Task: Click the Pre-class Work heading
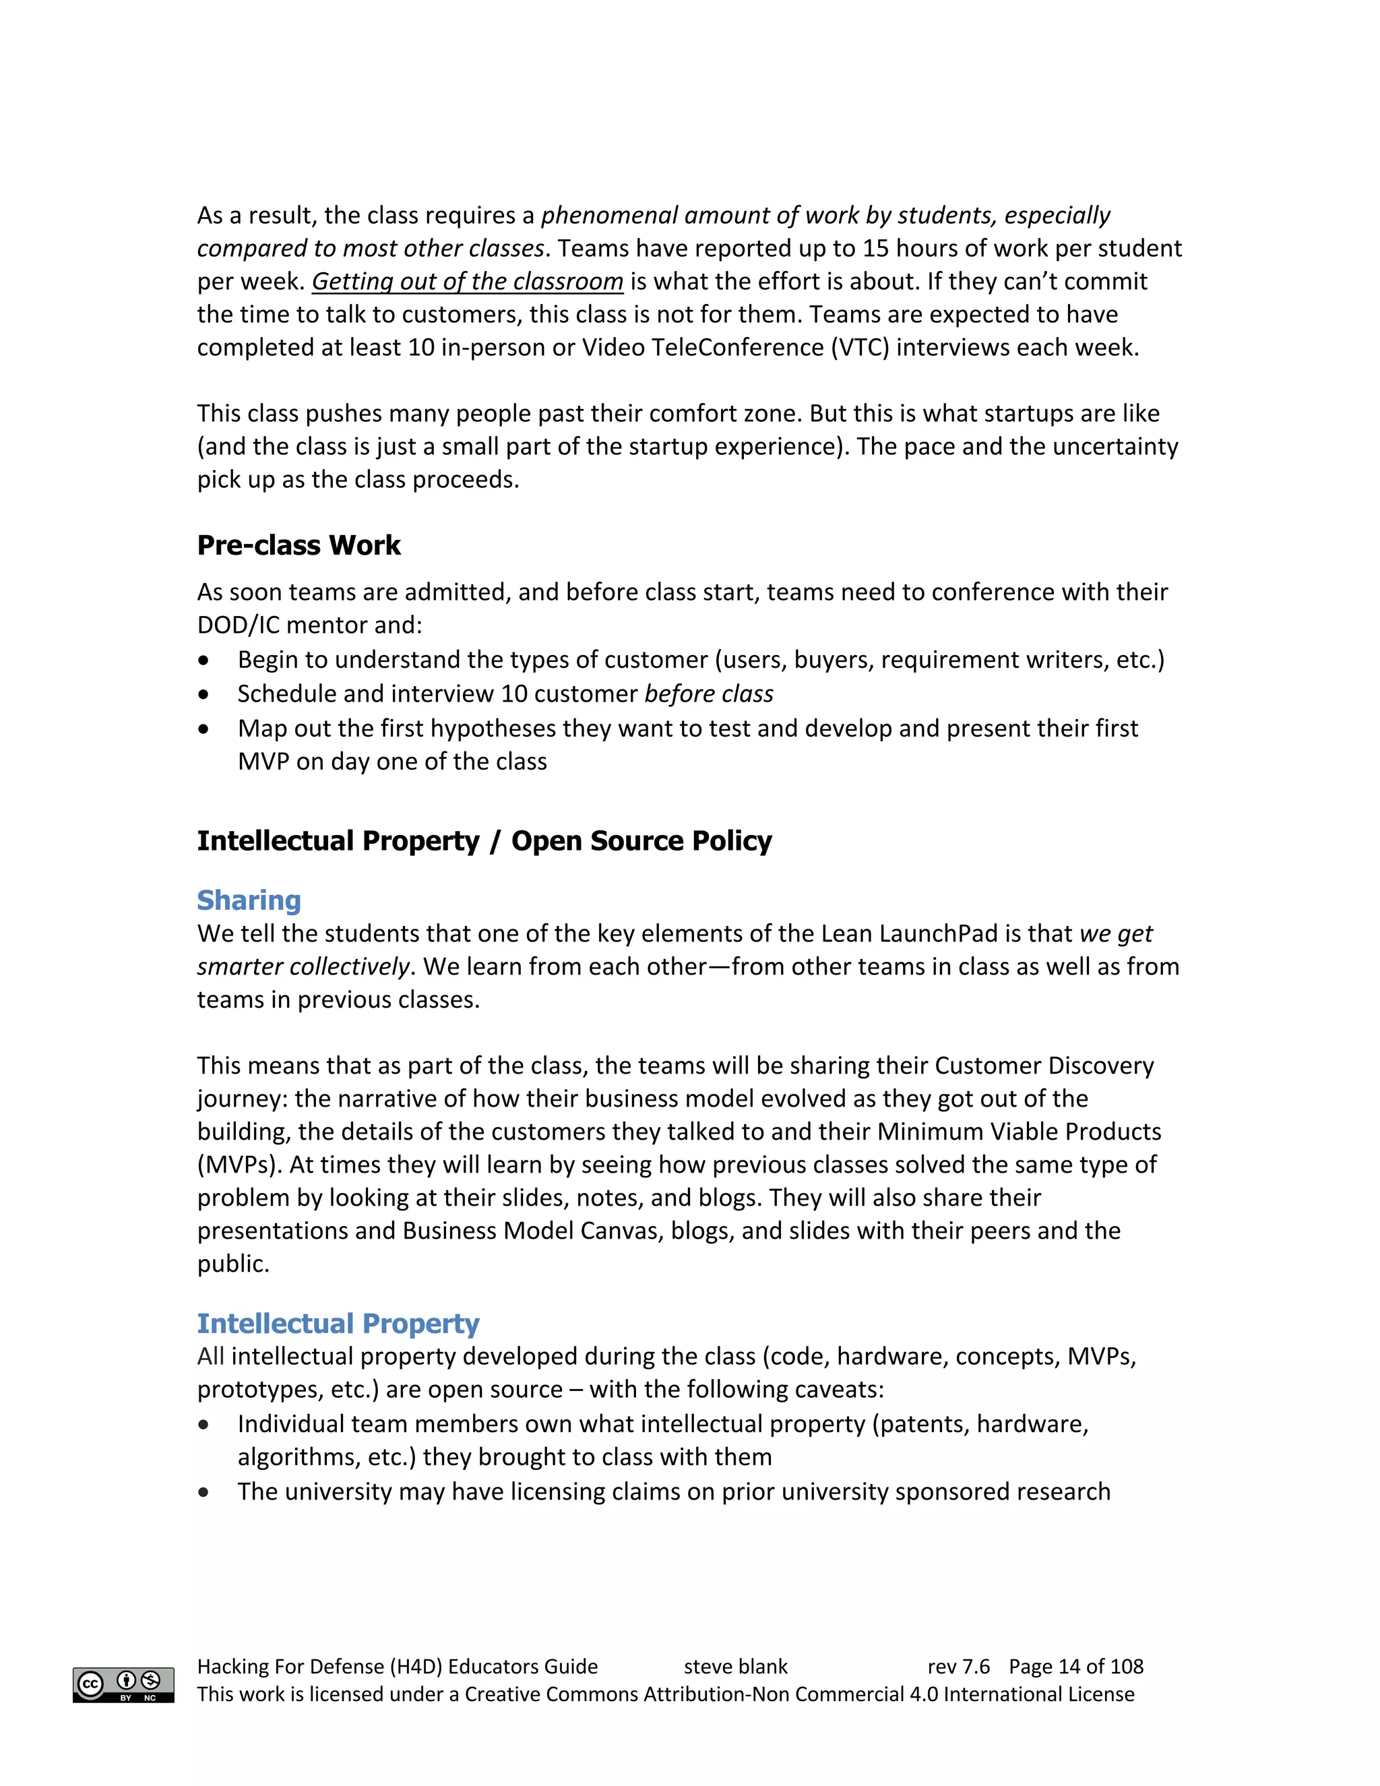click(299, 545)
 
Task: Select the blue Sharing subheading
click(249, 900)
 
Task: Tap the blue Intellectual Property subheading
click(338, 1322)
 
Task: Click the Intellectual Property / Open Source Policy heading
click(484, 840)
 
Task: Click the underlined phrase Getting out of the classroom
click(467, 281)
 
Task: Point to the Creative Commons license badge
click(123, 1685)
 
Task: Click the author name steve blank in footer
click(735, 1666)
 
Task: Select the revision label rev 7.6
click(958, 1666)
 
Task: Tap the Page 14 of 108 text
click(1076, 1666)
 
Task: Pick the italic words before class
click(708, 694)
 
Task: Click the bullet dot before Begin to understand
click(203, 660)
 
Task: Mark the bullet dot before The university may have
click(203, 1491)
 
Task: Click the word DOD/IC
click(238, 625)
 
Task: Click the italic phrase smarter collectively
click(303, 966)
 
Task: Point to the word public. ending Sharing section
click(233, 1264)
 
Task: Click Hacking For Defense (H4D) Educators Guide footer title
click(398, 1666)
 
